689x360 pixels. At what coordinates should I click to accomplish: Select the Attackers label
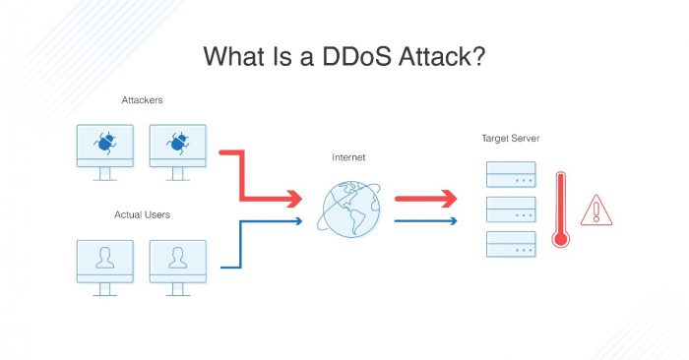pyautogui.click(x=143, y=99)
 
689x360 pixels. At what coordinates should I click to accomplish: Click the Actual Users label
pyautogui.click(x=143, y=214)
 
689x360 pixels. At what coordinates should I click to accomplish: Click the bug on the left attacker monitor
pyautogui.click(x=106, y=144)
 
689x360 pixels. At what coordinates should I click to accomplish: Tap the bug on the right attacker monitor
pyautogui.click(x=177, y=144)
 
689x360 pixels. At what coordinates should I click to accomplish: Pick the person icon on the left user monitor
pyautogui.click(x=106, y=257)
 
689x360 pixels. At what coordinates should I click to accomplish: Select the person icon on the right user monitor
pyautogui.click(x=177, y=257)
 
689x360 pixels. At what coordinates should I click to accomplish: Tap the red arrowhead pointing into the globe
pyautogui.click(x=292, y=200)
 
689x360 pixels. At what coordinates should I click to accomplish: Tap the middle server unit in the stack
pyautogui.click(x=511, y=210)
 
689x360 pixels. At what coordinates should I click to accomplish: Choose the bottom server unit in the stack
pyautogui.click(x=511, y=242)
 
